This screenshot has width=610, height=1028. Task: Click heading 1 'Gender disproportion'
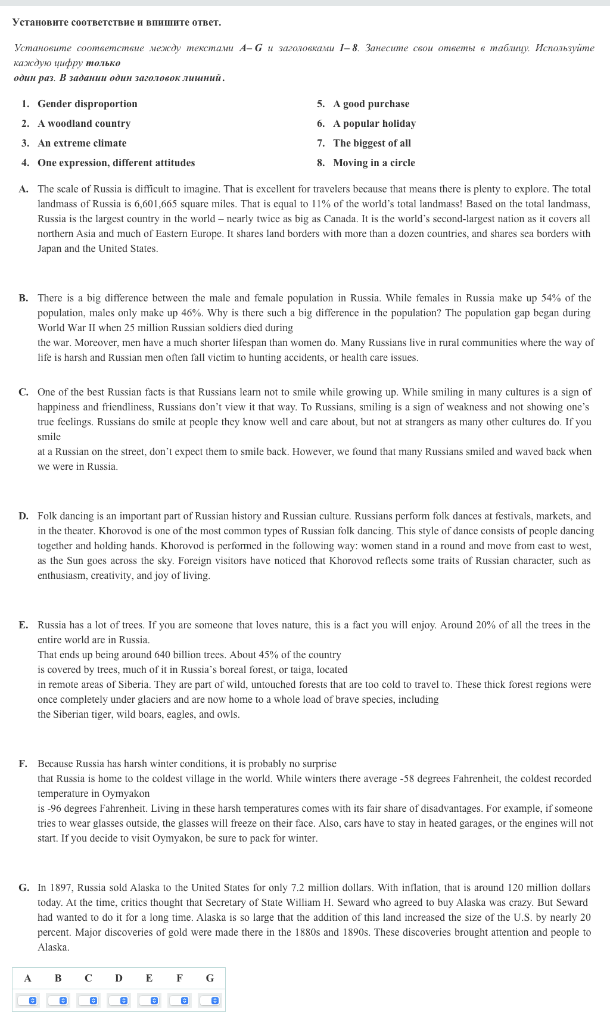[87, 104]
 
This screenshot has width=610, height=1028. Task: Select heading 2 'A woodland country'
[83, 123]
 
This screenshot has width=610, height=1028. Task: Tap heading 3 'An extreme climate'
[82, 143]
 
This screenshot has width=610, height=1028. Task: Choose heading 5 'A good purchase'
[371, 104]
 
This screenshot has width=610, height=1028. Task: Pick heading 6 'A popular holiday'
[374, 123]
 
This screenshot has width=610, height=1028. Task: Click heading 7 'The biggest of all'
[372, 143]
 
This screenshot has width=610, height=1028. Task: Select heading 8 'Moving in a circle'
[374, 163]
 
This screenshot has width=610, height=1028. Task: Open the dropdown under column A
[27, 1001]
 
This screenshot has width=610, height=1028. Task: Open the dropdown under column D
[119, 1001]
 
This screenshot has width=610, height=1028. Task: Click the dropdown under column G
[210, 1001]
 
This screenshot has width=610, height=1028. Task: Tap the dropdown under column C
[88, 1001]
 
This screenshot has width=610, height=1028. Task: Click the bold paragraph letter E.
[23, 625]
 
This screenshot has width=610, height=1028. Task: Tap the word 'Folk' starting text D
[47, 516]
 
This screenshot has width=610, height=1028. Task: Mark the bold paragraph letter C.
[23, 392]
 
